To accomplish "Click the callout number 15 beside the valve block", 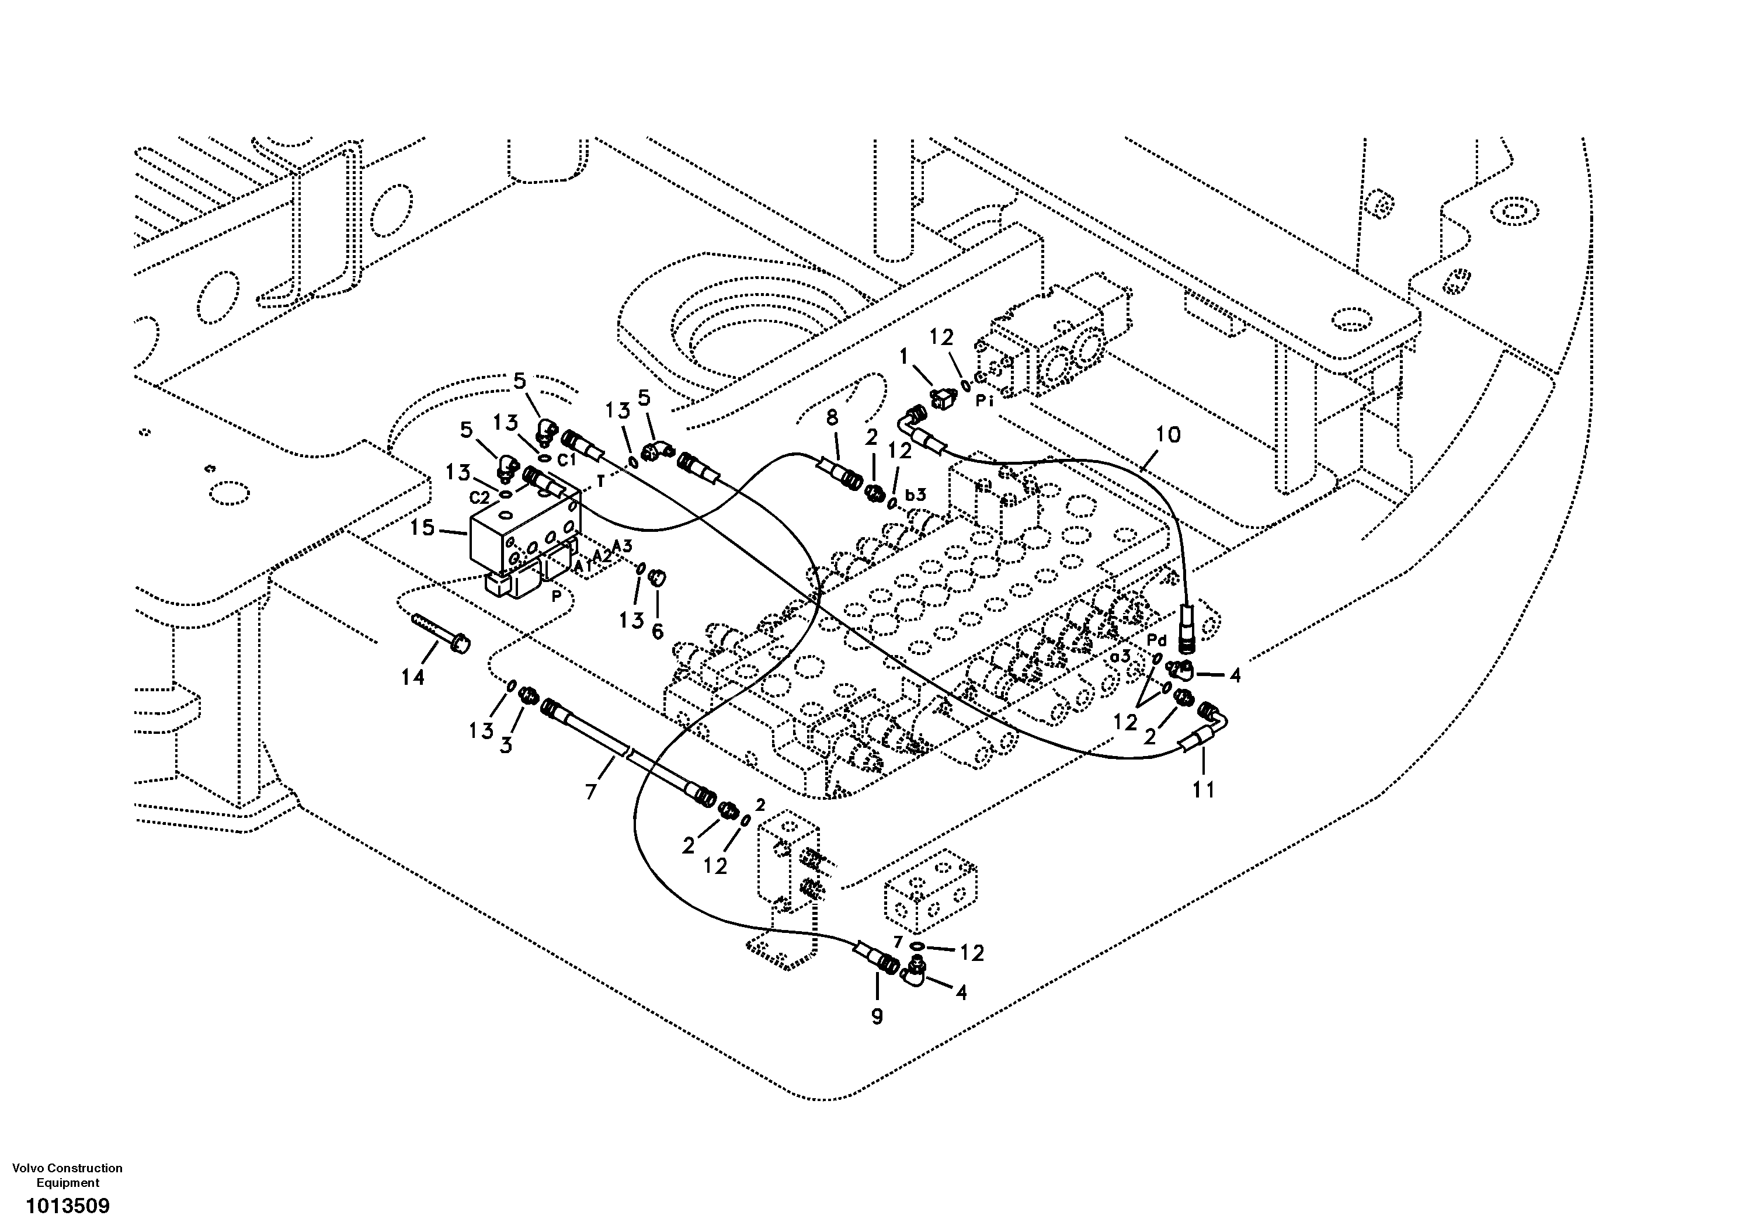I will pos(422,528).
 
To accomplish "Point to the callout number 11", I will pos(1204,789).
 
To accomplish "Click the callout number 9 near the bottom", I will pos(877,1016).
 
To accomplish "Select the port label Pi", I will pos(984,402).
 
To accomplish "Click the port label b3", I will pos(916,495).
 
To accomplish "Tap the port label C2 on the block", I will pos(479,497).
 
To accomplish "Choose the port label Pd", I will pos(1157,640).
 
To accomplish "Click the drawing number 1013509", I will pos(67,1206).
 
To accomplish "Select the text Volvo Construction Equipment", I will pos(67,1175).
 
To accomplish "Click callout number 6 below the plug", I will pos(657,631).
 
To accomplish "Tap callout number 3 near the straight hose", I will pos(506,745).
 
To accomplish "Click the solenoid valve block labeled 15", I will pos(522,537).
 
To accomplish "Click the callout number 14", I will pos(412,677).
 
